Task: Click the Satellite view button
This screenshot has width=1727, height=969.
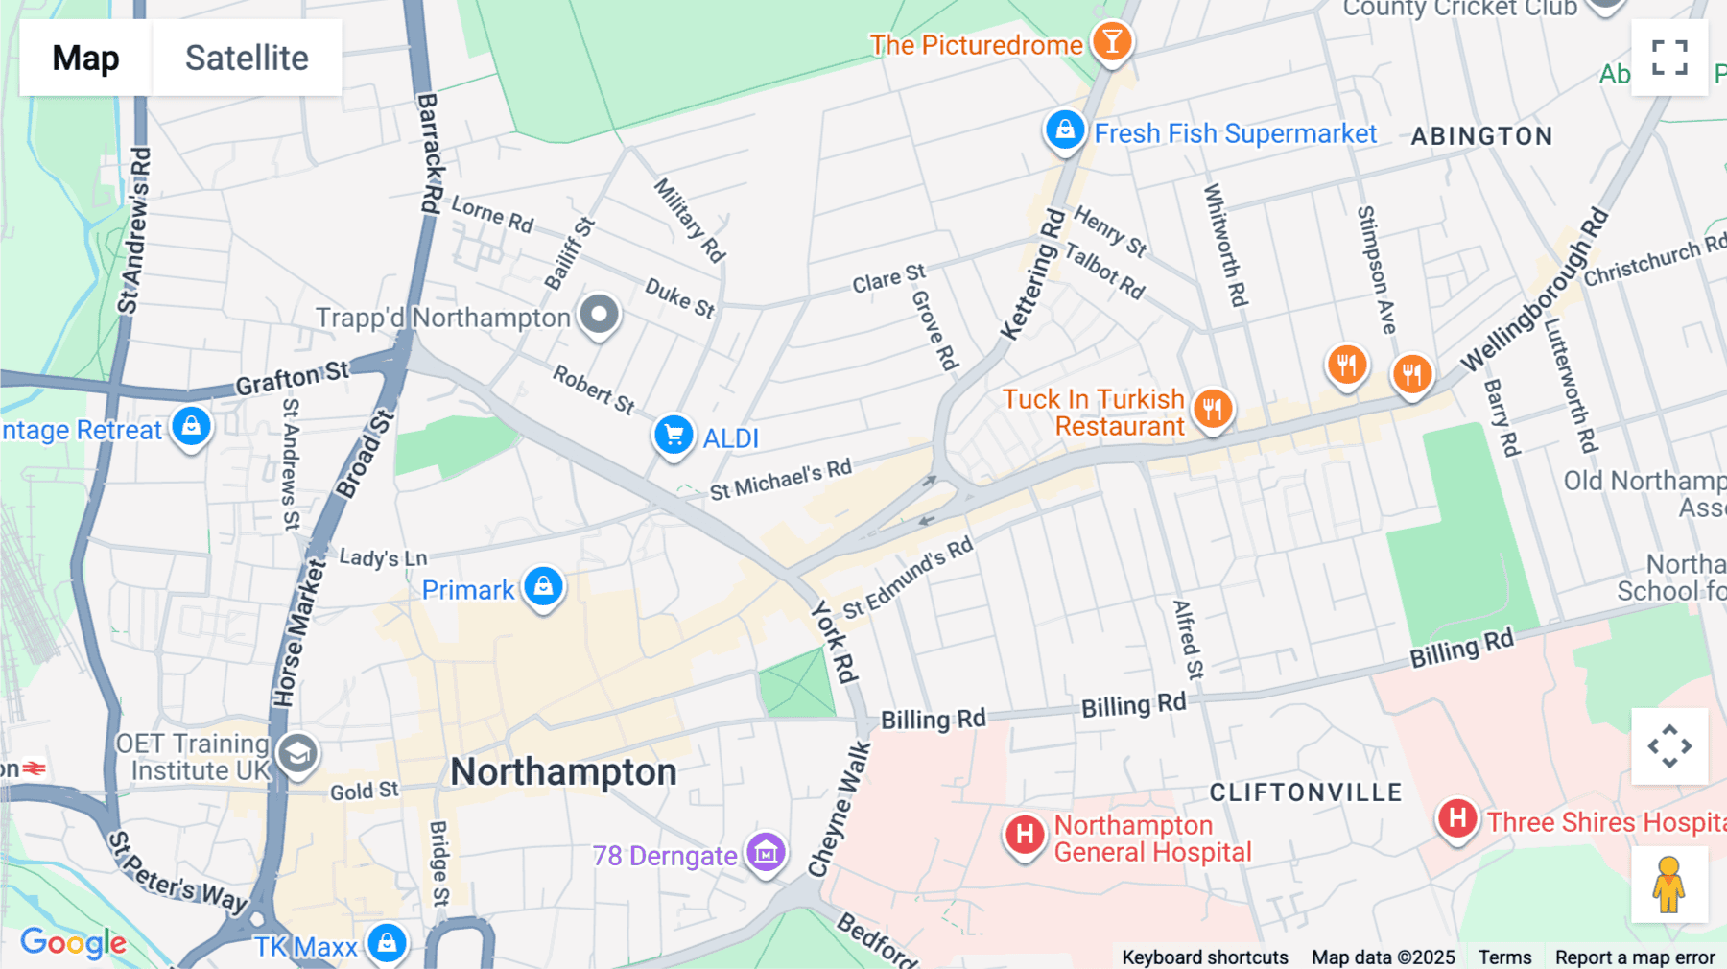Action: point(247,58)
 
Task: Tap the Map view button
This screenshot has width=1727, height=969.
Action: point(85,58)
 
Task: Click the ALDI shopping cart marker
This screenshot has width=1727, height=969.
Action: point(674,436)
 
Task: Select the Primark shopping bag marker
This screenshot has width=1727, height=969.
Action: point(543,585)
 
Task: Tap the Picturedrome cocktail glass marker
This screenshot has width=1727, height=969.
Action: point(1112,42)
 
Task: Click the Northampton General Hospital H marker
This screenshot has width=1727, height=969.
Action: point(1025,834)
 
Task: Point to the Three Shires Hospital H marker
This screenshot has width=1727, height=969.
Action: point(1456,819)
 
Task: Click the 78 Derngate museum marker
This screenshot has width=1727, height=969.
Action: point(766,852)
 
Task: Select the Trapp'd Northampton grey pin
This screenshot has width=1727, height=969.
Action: point(600,315)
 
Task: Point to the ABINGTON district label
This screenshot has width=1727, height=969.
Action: point(1481,136)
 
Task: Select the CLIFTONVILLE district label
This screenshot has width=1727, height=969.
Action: point(1306,792)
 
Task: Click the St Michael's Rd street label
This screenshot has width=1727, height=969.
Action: point(780,480)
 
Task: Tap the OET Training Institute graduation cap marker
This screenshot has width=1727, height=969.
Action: point(297,754)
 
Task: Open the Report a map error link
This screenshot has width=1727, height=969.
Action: point(1634,957)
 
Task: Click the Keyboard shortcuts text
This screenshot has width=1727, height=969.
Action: point(1204,957)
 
